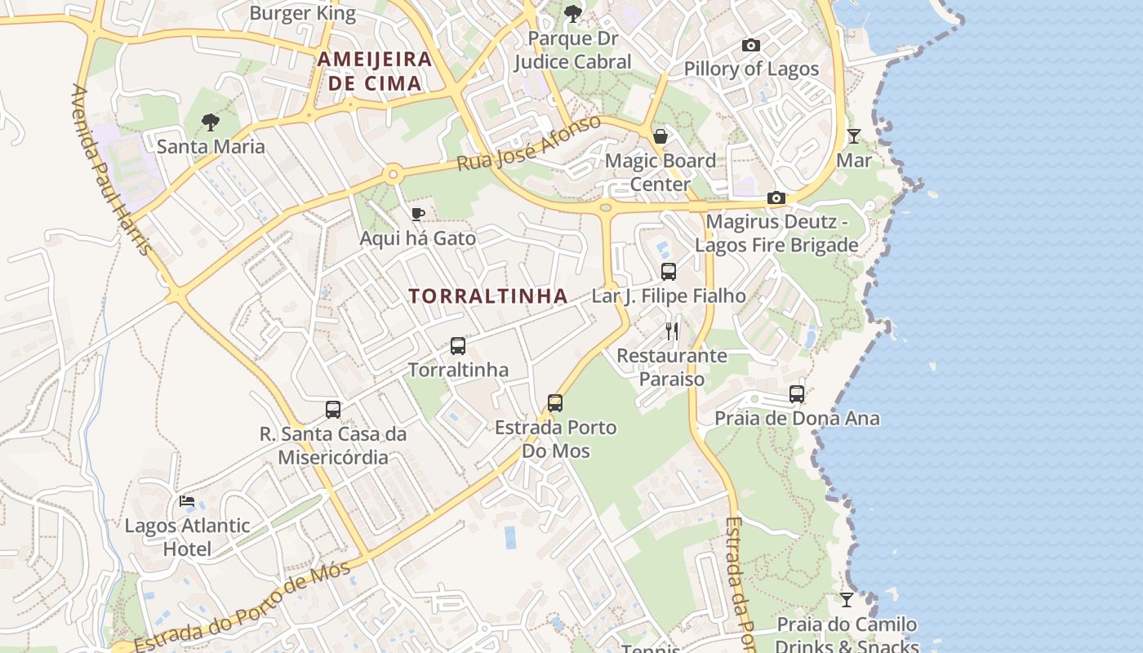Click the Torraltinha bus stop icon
[x=458, y=346]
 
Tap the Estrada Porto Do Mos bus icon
[x=555, y=403]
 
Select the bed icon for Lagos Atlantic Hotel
[x=187, y=501]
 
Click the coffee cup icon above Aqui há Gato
[x=418, y=215]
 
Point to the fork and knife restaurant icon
[x=672, y=331]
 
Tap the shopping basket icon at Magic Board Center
[x=660, y=136]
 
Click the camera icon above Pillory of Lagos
[x=750, y=46]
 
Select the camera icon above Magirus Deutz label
[x=776, y=198]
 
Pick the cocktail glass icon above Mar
[x=854, y=136]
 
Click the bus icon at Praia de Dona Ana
[x=797, y=394]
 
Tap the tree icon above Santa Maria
[x=211, y=123]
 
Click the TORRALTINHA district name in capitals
[x=488, y=296]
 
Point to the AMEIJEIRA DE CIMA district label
[x=375, y=71]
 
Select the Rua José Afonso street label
[x=528, y=144]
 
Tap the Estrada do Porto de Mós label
[x=242, y=606]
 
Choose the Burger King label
[x=303, y=13]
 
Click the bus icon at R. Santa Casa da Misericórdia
[x=333, y=410]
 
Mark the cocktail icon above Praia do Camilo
[x=847, y=600]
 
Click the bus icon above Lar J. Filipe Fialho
[x=669, y=272]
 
